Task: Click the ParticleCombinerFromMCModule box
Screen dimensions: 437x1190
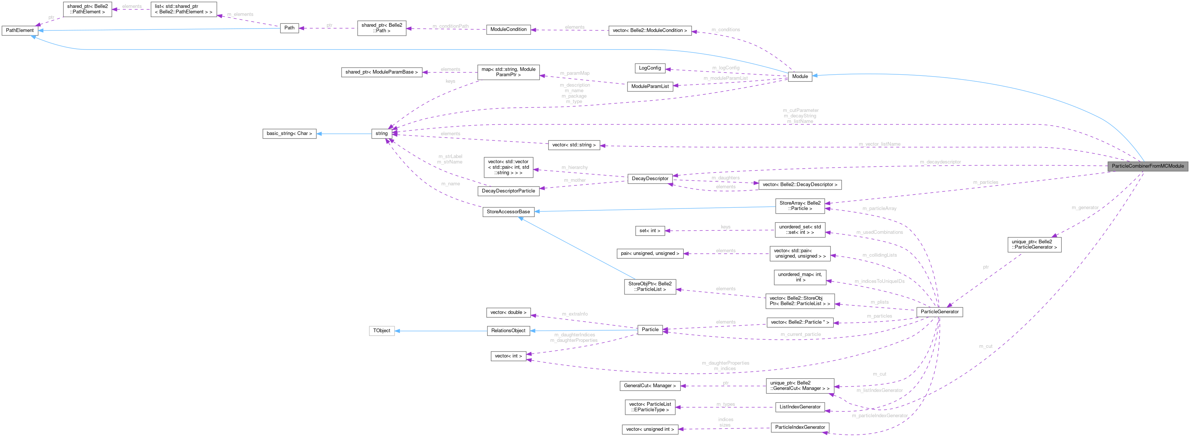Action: pos(1148,166)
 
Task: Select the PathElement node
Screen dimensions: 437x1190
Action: pos(20,30)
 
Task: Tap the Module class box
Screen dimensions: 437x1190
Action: pos(800,76)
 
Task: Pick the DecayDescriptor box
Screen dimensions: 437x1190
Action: pos(650,178)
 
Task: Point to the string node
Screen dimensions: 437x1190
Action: pos(382,134)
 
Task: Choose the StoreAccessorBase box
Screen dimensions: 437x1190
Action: pos(508,212)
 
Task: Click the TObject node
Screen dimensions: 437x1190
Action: pos(382,331)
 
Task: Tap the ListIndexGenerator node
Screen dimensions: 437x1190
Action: pos(800,407)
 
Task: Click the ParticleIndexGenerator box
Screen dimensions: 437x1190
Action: pos(800,427)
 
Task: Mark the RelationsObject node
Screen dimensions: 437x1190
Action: pos(508,331)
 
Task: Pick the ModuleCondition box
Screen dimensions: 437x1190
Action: pos(508,30)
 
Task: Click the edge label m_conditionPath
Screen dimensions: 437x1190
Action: pos(450,26)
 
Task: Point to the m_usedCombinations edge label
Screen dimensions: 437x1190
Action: pos(879,232)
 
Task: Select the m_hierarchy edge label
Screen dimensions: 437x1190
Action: pos(575,167)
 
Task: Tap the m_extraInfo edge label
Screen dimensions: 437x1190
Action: pos(575,314)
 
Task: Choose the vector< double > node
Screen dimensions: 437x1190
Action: pos(508,313)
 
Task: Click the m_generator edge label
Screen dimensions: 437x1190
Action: pos(1085,208)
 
